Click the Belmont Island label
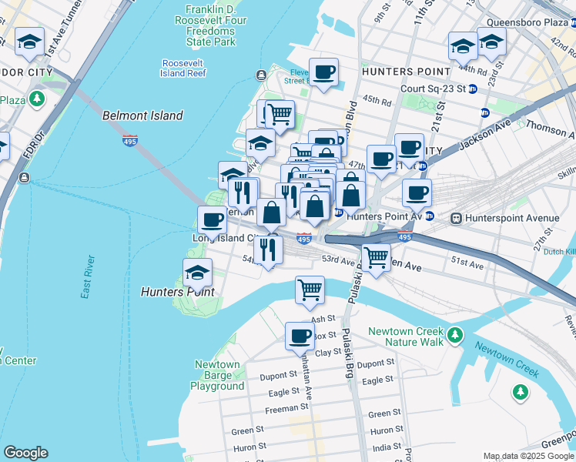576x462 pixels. tap(142, 115)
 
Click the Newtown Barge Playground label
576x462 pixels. tap(217, 375)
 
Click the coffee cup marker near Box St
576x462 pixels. tap(300, 336)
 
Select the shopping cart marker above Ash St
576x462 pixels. tap(310, 290)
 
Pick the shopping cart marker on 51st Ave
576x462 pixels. tap(376, 257)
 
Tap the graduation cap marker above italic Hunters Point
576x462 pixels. tap(197, 273)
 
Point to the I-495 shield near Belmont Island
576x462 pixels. tap(130, 140)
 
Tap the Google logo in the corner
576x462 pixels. tap(25, 453)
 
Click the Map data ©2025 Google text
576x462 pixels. tap(528, 456)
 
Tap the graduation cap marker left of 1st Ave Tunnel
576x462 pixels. tap(29, 44)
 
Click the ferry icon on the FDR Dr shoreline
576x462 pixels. tap(25, 179)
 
